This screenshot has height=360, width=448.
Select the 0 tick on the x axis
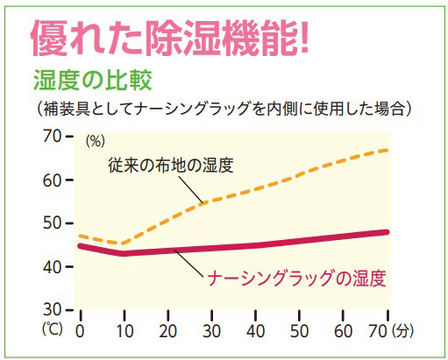(81, 333)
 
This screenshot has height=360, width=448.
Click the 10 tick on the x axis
(124, 333)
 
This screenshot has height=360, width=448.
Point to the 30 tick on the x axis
(211, 333)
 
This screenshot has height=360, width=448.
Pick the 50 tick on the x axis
(300, 333)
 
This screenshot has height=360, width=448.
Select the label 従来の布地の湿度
(171, 165)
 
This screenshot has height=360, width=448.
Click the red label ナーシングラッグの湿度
(298, 279)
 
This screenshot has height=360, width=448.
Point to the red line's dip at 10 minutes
(124, 254)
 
